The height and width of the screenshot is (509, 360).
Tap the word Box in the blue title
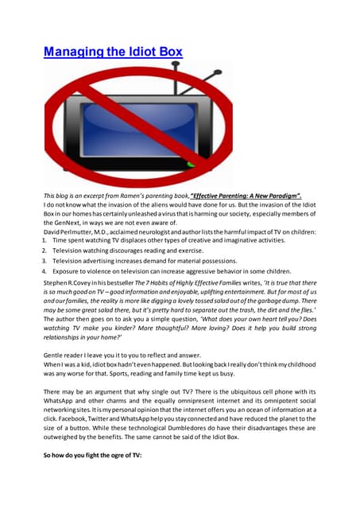(167, 52)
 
